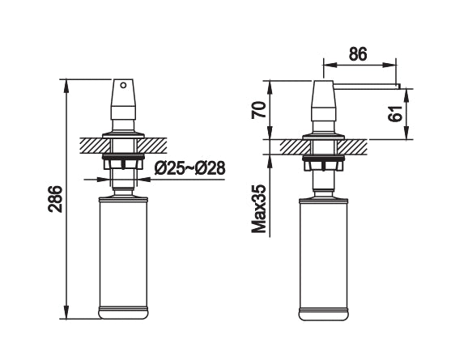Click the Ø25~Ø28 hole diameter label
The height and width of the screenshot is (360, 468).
point(189,168)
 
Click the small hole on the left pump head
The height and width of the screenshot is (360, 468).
point(124,85)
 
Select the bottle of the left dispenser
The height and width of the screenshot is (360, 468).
point(124,255)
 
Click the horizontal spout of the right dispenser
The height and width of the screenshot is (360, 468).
point(364,83)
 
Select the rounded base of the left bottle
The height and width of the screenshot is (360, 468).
point(124,311)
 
